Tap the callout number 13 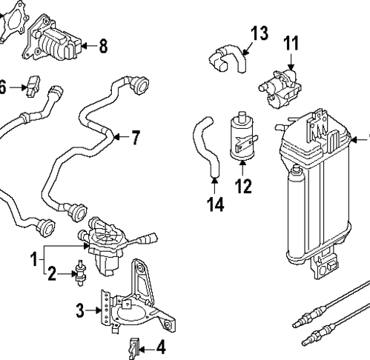coord(259,33)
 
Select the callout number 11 coord(292,44)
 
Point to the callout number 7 coord(135,136)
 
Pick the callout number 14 coord(214,204)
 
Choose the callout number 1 coord(33,259)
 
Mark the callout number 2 coord(51,276)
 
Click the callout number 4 coord(160,346)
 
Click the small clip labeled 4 coord(133,345)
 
